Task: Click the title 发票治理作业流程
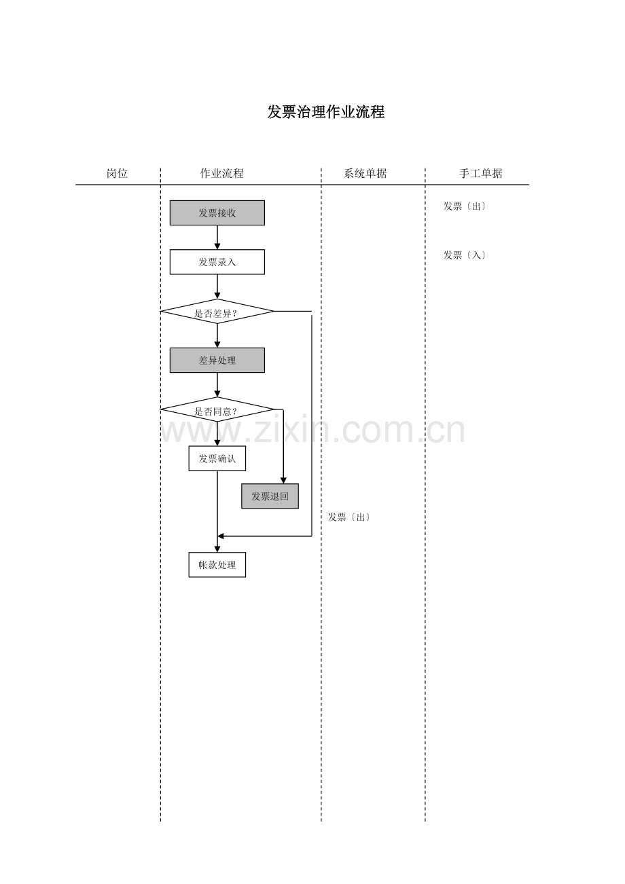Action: pos(326,113)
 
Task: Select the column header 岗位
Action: pos(117,173)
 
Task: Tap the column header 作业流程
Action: pos(221,173)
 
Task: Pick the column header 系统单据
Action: pos(365,173)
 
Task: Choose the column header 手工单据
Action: pos(480,173)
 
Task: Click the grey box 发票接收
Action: pos(217,213)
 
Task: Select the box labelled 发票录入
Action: pos(217,262)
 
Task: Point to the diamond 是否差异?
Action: pos(217,312)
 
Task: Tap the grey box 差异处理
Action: pos(217,361)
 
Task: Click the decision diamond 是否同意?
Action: pos(217,410)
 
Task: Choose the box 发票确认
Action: pos(217,458)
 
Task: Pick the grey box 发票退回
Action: pos(270,496)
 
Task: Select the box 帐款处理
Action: pos(217,565)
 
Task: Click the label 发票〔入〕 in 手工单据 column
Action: pos(465,255)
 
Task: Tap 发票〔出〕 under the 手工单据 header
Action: pos(465,206)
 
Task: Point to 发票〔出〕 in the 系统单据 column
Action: pos(349,517)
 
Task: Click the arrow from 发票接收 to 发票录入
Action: pos(217,237)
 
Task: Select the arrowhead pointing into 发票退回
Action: pos(283,480)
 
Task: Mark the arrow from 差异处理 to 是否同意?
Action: pos(217,385)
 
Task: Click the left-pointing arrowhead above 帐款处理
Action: pos(221,536)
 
